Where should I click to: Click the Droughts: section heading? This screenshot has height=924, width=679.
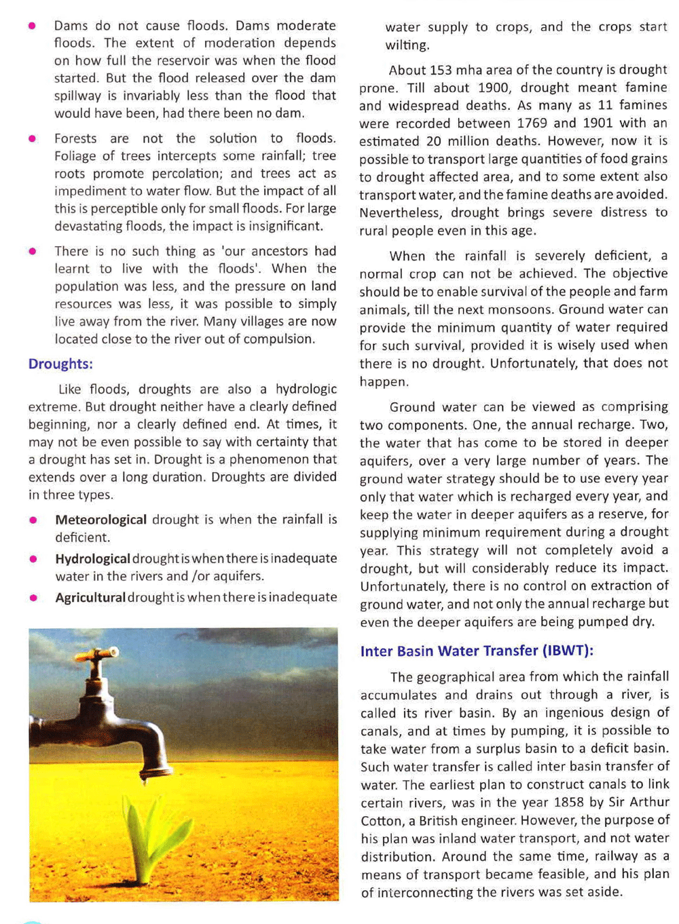tap(60, 364)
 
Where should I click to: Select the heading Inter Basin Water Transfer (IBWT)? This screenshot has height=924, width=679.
tap(477, 651)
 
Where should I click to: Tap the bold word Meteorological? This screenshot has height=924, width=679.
tap(100, 520)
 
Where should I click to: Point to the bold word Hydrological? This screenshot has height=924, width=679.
tap(92, 558)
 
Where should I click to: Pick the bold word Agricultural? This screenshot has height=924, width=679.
tap(90, 597)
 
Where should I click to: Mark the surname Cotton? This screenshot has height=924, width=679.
tap(380, 820)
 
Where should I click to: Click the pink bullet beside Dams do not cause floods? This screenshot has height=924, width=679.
tap(32, 26)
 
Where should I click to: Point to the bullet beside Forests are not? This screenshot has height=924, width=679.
tap(32, 139)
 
